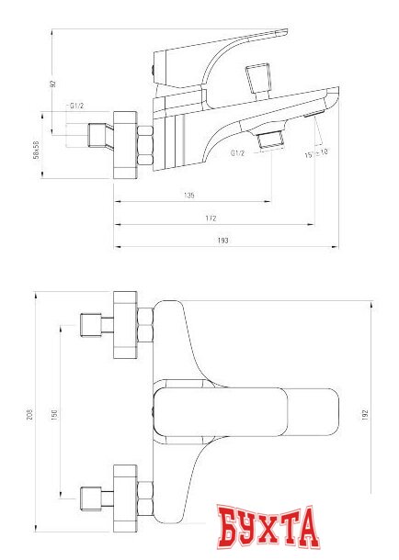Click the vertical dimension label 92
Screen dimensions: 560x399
click(x=53, y=84)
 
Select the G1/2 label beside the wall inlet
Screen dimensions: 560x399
click(x=77, y=108)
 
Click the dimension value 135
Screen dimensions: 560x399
click(x=189, y=196)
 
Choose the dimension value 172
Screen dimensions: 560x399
click(x=211, y=218)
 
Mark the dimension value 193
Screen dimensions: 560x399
click(x=222, y=240)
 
